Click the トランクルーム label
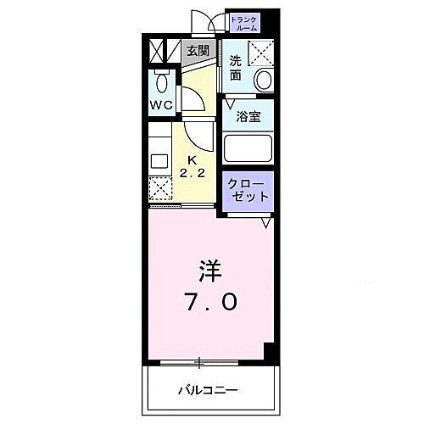(244, 22)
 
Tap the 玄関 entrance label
(198, 51)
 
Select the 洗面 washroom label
(236, 67)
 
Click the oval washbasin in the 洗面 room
(264, 81)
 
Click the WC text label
(162, 105)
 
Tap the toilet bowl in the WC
(161, 83)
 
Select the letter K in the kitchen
(191, 159)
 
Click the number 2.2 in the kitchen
(191, 173)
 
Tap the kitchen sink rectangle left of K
(159, 159)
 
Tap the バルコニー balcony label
(205, 391)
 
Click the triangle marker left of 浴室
(229, 104)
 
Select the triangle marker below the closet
(265, 223)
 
